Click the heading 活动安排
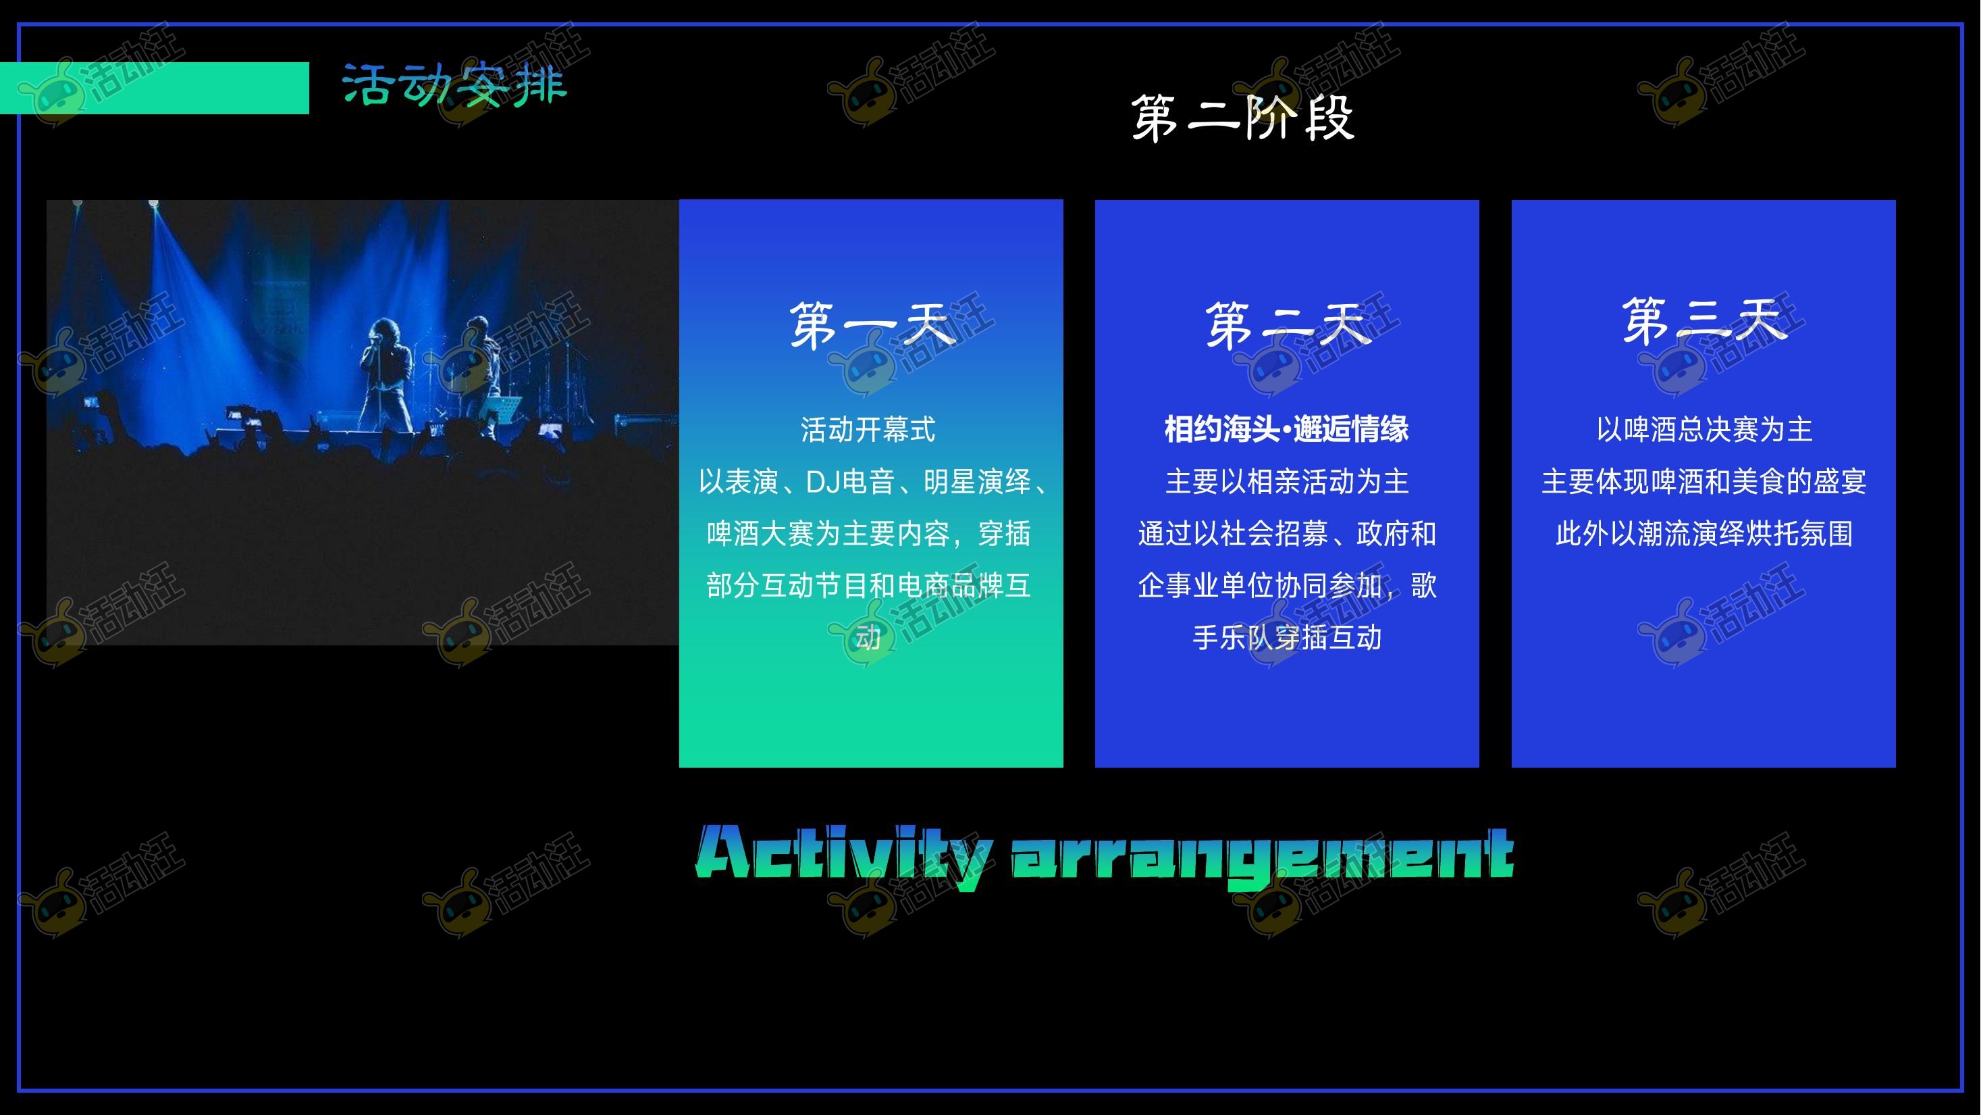coord(454,84)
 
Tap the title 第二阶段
coord(1243,118)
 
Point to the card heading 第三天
coord(1704,322)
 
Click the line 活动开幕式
coord(868,429)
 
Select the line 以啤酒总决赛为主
coord(1704,429)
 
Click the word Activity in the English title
coord(843,855)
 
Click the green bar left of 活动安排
coord(155,89)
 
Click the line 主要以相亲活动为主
coord(1287,482)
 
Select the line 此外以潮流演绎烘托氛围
coord(1704,534)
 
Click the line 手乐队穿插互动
coord(1287,638)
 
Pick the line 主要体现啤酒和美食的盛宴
coord(1704,482)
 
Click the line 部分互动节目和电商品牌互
coord(868,587)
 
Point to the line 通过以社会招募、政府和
coord(1287,534)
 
